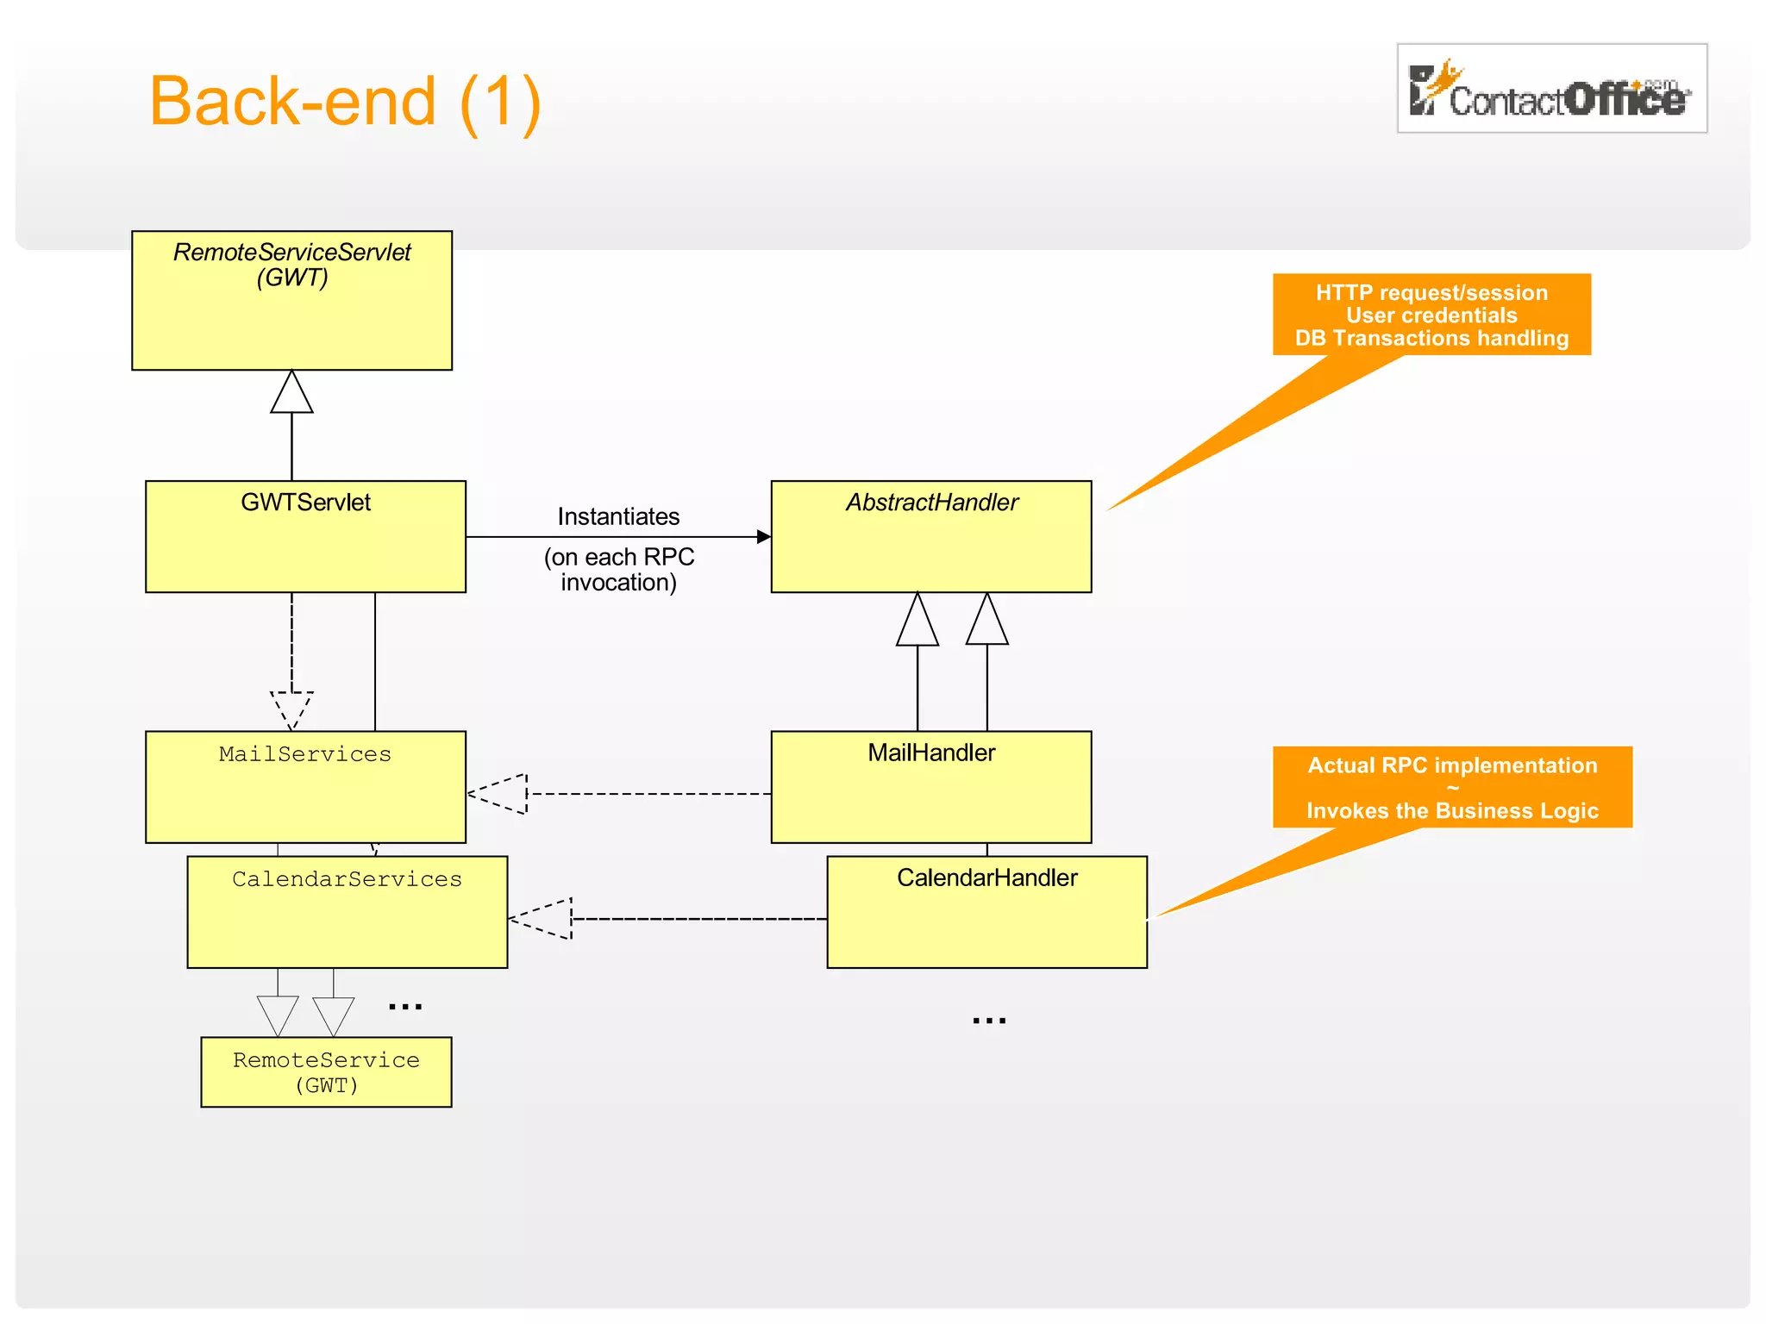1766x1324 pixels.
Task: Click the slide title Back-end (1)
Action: click(x=345, y=102)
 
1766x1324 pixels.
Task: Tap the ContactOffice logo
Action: click(x=1551, y=89)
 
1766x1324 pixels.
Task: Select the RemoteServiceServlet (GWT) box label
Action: click(x=292, y=265)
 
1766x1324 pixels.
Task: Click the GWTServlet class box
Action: click(x=305, y=536)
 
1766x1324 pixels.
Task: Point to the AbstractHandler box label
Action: click(x=931, y=503)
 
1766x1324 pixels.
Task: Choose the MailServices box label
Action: click(x=305, y=754)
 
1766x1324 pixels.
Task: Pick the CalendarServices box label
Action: click(x=347, y=879)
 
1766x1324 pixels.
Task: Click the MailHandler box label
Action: click(x=931, y=753)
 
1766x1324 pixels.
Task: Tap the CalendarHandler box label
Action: click(x=986, y=878)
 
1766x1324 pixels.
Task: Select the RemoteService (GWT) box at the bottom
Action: click(x=326, y=1072)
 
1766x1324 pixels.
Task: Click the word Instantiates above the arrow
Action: click(x=618, y=516)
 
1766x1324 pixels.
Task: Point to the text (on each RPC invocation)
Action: click(x=618, y=570)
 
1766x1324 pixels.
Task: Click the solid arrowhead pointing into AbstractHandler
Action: click(x=763, y=537)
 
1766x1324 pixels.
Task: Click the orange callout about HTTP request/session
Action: click(x=1431, y=315)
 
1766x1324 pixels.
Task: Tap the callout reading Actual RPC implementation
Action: click(x=1452, y=787)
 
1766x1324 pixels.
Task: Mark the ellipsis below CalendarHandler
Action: click(x=988, y=1021)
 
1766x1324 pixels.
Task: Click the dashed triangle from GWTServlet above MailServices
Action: click(x=291, y=709)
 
